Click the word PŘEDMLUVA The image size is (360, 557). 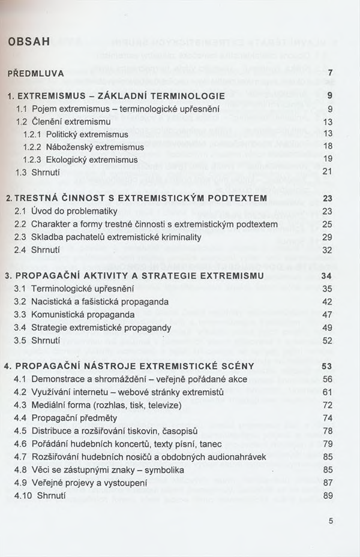point(35,73)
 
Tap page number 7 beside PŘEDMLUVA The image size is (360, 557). point(330,73)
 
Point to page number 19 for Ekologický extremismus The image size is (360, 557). point(328,159)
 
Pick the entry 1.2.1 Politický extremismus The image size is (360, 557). point(76,134)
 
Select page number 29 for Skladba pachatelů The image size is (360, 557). point(327,237)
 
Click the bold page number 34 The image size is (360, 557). point(327,276)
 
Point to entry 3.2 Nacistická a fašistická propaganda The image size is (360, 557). point(91,302)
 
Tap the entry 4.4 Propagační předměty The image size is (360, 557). point(66,418)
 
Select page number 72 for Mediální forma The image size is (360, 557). point(327,405)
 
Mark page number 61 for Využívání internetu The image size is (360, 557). point(327,392)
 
